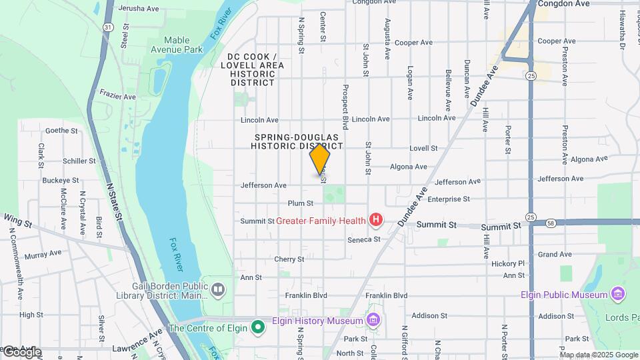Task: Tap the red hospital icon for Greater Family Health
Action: pyautogui.click(x=376, y=219)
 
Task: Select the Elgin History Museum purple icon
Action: pyautogui.click(x=373, y=321)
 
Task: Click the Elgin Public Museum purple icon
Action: pyautogui.click(x=617, y=294)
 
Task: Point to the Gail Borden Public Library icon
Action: pyautogui.click(x=218, y=289)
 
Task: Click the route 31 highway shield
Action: pyautogui.click(x=107, y=26)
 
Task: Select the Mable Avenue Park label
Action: pyautogui.click(x=176, y=45)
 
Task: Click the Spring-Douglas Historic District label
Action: pyautogui.click(x=298, y=141)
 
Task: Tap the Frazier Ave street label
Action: pyautogui.click(x=118, y=97)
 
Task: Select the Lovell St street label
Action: pyautogui.click(x=423, y=148)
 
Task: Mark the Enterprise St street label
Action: pyautogui.click(x=449, y=199)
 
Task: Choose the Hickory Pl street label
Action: pyautogui.click(x=508, y=264)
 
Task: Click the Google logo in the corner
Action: pyautogui.click(x=21, y=351)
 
